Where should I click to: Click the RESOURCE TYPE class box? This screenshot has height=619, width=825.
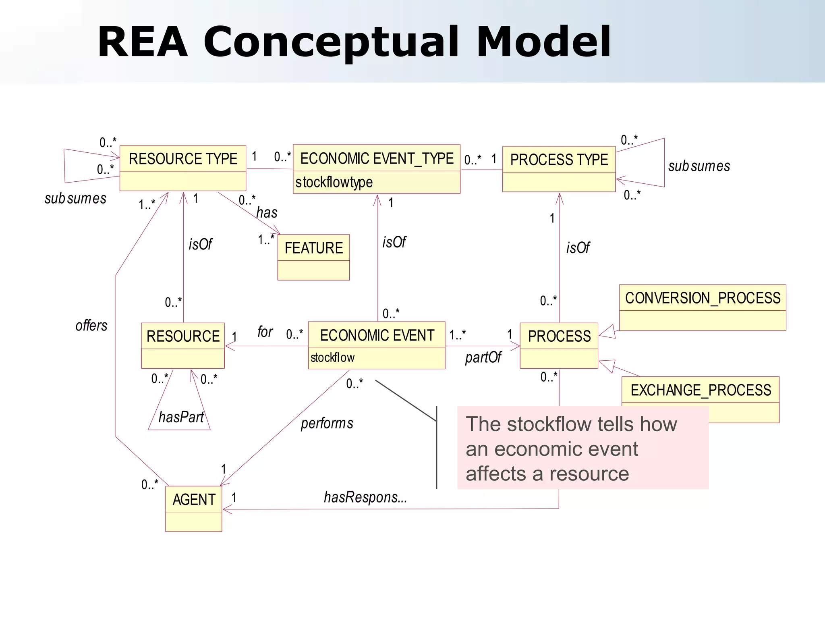click(x=182, y=168)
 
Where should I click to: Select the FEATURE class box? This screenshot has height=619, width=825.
click(x=313, y=257)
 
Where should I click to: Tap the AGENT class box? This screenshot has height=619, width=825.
click(x=194, y=509)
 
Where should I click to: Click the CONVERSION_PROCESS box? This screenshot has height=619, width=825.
click(x=703, y=307)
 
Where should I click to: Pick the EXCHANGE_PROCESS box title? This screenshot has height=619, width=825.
click(x=701, y=390)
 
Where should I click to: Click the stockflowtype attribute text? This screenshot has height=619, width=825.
click(x=334, y=182)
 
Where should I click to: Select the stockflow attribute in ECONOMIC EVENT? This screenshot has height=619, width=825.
click(x=332, y=357)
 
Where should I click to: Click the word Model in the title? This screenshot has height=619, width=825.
click(x=543, y=42)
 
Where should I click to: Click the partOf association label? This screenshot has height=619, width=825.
click(x=483, y=357)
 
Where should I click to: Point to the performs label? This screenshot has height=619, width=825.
click(x=327, y=423)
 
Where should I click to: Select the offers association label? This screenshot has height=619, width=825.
click(x=91, y=325)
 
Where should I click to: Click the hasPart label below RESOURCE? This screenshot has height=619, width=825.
click(x=181, y=417)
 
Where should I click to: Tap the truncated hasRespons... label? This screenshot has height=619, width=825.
click(x=365, y=497)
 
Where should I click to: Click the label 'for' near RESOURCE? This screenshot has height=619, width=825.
click(x=265, y=332)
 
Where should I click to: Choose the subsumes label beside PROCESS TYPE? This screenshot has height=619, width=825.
click(x=699, y=166)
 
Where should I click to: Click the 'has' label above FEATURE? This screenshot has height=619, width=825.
click(x=267, y=212)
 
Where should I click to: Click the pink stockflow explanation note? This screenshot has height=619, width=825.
click(x=582, y=448)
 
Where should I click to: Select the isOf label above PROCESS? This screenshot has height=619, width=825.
click(x=578, y=248)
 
